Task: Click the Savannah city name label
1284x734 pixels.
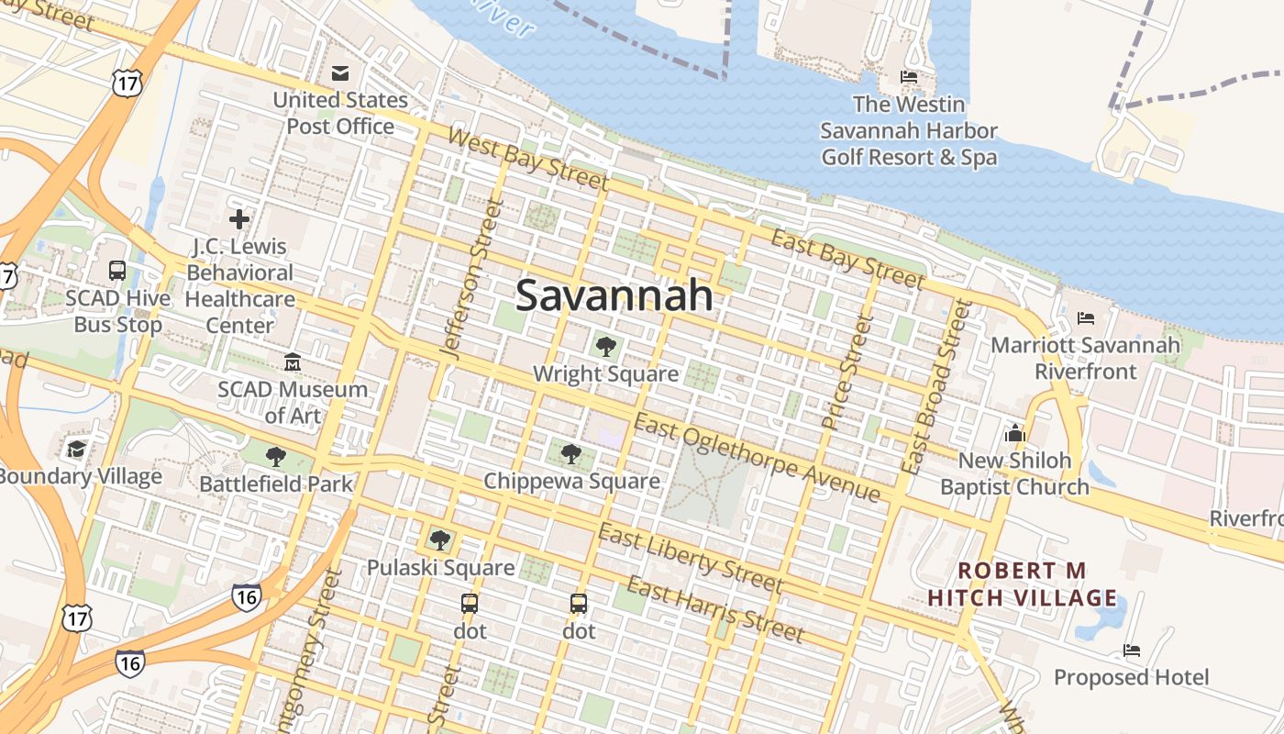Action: point(614,295)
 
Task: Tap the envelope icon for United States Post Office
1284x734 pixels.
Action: point(340,73)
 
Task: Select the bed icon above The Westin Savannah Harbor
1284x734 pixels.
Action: point(909,77)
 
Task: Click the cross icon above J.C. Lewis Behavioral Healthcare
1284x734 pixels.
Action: point(239,219)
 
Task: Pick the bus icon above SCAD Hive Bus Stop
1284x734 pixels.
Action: point(117,271)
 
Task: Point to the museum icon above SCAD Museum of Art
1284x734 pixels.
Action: point(293,362)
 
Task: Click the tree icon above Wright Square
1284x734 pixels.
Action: point(605,347)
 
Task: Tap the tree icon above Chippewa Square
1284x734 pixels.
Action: point(571,453)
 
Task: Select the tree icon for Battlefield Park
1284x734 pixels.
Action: point(275,457)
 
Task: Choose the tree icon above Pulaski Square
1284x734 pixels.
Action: point(440,539)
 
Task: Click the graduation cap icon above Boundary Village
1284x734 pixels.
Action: point(76,449)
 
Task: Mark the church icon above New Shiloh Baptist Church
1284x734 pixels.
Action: point(1014,432)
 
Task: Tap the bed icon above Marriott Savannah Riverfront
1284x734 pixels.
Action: point(1086,318)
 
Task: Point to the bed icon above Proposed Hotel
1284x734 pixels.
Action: point(1132,651)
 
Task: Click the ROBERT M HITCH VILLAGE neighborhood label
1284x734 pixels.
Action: point(1023,584)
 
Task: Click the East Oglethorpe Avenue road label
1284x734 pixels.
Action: point(757,458)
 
